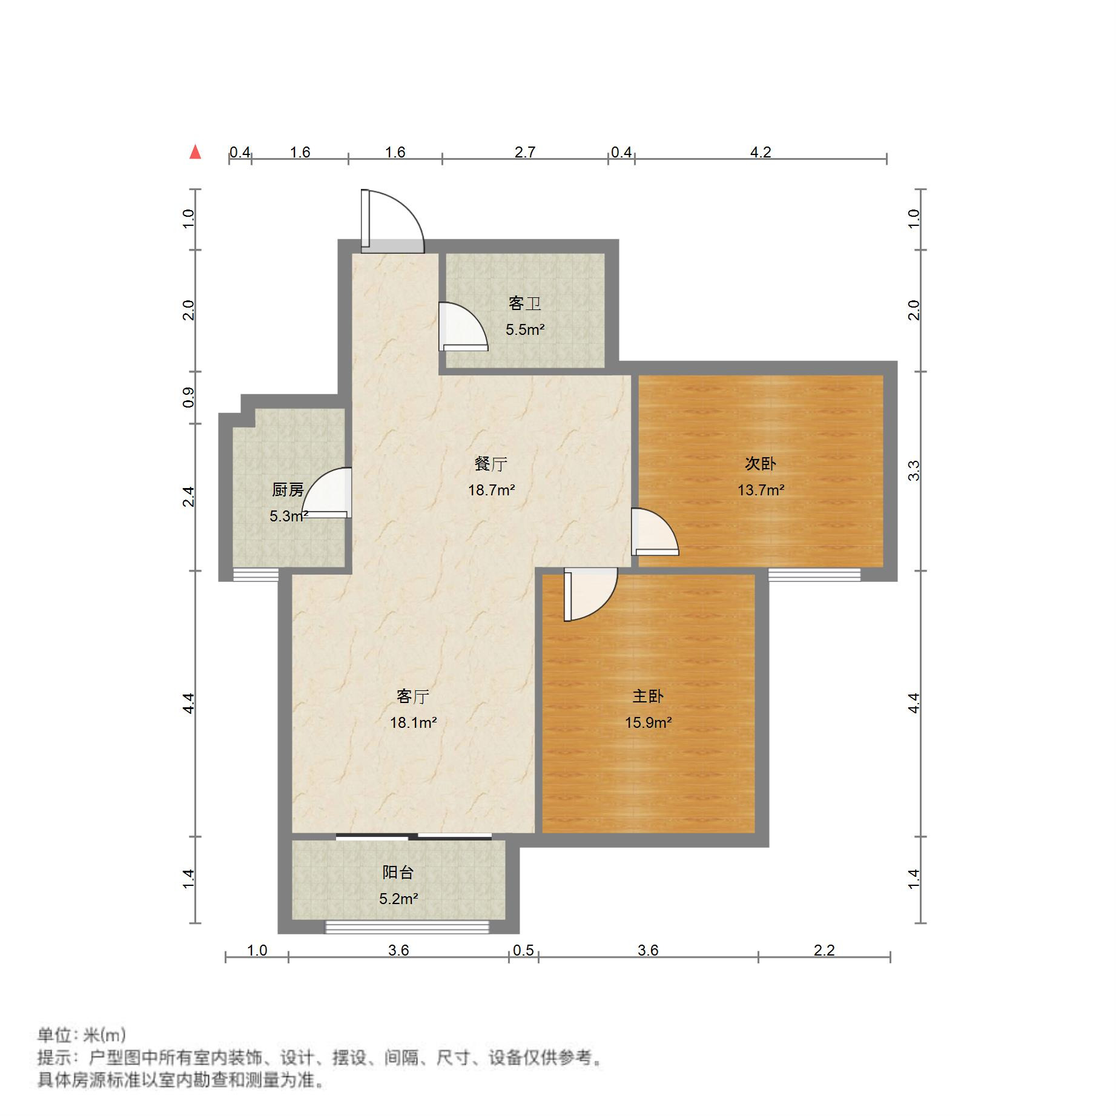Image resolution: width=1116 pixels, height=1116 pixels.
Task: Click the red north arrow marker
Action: (x=195, y=152)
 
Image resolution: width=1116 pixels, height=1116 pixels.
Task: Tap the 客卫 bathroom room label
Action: (x=524, y=303)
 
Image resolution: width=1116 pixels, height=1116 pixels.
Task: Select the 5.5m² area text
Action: (x=525, y=329)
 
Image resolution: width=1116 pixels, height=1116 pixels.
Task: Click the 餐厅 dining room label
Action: (x=490, y=464)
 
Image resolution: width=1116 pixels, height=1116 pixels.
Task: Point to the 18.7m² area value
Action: (x=491, y=490)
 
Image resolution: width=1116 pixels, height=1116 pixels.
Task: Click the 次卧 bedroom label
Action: (x=760, y=464)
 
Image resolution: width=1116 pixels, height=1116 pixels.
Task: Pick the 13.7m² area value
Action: (x=761, y=490)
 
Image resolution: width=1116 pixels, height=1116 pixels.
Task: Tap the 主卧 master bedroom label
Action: (x=648, y=696)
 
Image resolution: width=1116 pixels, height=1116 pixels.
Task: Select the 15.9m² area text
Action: (x=649, y=722)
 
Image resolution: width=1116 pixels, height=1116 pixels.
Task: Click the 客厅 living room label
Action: (x=413, y=696)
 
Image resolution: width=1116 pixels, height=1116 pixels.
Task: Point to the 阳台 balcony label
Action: (x=398, y=873)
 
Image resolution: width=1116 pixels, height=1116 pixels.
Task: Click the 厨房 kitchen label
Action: (x=288, y=489)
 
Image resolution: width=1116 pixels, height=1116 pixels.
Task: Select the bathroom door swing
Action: (x=463, y=327)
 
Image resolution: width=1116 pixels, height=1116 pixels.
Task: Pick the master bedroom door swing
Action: (x=590, y=593)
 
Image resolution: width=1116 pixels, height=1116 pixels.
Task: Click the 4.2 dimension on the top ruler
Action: (x=761, y=152)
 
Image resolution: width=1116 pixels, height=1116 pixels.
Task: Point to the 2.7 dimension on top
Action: (x=525, y=152)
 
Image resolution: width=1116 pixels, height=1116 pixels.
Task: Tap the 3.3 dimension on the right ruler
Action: (x=914, y=471)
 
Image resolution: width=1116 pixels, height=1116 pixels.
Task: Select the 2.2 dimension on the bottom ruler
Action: (x=824, y=950)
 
